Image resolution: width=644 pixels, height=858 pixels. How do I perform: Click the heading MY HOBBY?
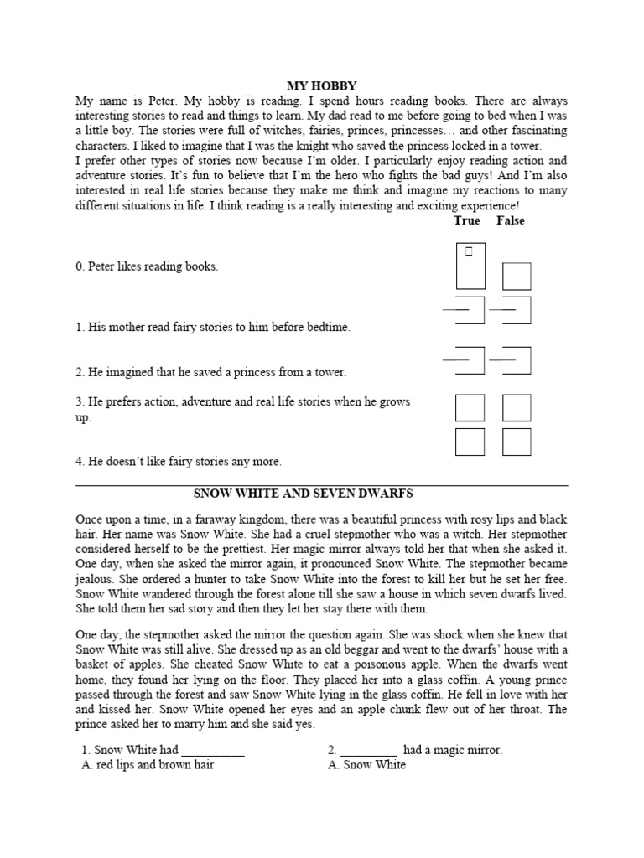tap(322, 85)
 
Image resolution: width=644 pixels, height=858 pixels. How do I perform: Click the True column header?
tap(466, 220)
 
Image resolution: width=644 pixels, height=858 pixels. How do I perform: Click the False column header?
tap(510, 220)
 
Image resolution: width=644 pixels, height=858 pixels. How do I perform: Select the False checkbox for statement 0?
tap(516, 277)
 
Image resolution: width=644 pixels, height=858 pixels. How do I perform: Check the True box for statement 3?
tap(470, 408)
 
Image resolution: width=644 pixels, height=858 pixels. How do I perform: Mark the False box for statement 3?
tap(517, 408)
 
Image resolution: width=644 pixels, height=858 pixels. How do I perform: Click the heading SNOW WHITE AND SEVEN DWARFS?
tap(322, 494)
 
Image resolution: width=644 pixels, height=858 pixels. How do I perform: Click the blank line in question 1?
tap(212, 751)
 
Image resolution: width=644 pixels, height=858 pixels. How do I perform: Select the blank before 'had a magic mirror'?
tap(369, 751)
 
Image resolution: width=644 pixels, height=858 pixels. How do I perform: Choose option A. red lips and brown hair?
tap(148, 765)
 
